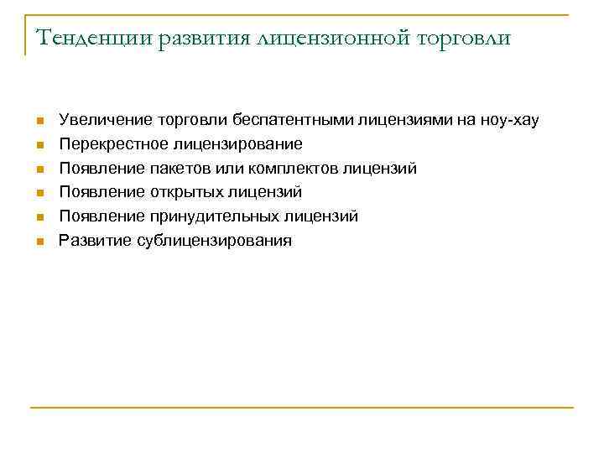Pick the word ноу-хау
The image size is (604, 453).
click(508, 121)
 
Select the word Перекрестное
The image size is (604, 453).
click(105, 144)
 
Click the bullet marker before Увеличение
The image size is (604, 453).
click(39, 122)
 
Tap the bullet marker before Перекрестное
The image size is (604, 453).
click(39, 146)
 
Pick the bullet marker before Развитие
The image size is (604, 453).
click(39, 242)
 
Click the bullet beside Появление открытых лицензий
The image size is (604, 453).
click(39, 195)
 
